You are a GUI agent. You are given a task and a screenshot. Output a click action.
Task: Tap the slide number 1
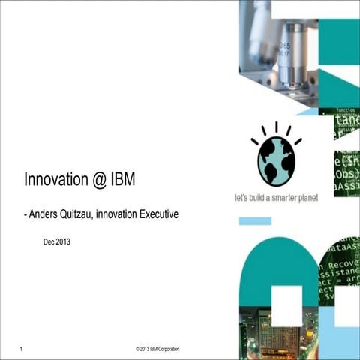coord(24,349)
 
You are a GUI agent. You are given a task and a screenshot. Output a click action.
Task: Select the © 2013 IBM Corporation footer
coord(157,349)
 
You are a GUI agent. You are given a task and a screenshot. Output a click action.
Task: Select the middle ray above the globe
coord(276,127)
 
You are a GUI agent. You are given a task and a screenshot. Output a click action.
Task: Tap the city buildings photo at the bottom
coord(277,330)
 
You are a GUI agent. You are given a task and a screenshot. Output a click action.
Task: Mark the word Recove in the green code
coord(340,265)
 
